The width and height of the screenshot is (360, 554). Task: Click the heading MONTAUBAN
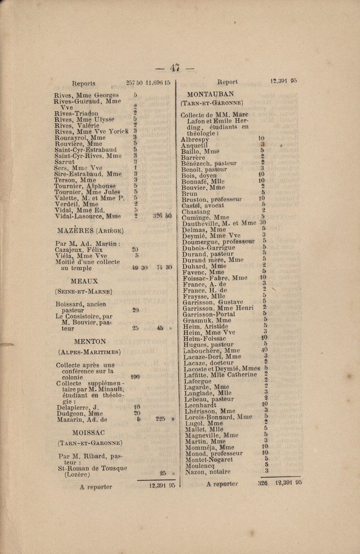(x=211, y=94)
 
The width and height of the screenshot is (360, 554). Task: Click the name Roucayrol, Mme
(x=80, y=137)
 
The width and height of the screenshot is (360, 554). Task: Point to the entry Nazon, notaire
(x=206, y=471)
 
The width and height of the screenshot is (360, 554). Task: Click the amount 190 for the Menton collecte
(x=135, y=377)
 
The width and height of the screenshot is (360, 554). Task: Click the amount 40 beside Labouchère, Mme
(x=264, y=350)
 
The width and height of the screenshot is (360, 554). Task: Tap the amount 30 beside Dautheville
(x=263, y=223)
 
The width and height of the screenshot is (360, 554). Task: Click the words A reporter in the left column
(x=96, y=487)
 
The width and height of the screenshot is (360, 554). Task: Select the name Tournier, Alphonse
(x=85, y=186)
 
